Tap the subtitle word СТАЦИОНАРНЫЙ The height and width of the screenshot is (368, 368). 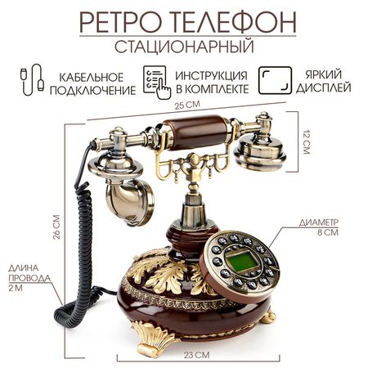[x=184, y=47]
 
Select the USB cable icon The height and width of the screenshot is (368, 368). [x=32, y=79]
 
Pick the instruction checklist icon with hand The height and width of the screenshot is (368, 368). [x=157, y=82]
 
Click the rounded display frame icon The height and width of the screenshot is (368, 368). [x=275, y=80]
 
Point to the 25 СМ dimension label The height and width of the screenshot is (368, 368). [x=187, y=105]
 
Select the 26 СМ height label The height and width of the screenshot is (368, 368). [x=56, y=227]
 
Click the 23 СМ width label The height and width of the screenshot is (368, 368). [x=196, y=355]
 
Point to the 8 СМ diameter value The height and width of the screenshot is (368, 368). [x=328, y=232]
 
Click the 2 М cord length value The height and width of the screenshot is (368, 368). [x=16, y=288]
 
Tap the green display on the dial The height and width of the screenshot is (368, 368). [x=241, y=262]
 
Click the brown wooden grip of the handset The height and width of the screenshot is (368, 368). [x=195, y=132]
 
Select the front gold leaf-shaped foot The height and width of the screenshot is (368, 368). [x=154, y=339]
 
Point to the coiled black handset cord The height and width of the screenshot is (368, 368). [x=82, y=245]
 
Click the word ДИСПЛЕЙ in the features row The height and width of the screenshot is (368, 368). [x=323, y=88]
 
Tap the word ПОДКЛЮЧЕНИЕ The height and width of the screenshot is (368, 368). [x=92, y=90]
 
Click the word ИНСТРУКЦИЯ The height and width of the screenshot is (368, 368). [x=211, y=76]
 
